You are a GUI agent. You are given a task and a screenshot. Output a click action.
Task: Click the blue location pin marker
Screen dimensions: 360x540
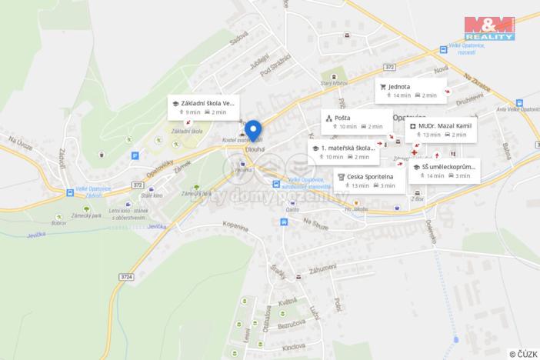pyautogui.click(x=253, y=130)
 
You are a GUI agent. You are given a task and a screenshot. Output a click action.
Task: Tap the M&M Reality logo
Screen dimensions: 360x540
pyautogui.click(x=489, y=28)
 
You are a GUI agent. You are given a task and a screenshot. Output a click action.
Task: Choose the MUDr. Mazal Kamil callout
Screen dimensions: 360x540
pyautogui.click(x=442, y=129)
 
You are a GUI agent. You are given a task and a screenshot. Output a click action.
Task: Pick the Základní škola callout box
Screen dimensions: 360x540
pyautogui.click(x=203, y=107)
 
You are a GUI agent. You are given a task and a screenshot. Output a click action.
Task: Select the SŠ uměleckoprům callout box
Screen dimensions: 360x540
pyautogui.click(x=445, y=171)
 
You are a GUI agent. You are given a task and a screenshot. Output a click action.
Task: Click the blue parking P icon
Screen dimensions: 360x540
pyautogui.click(x=135, y=155)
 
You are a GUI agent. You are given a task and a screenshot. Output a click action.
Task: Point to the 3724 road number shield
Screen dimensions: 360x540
pyautogui.click(x=125, y=276)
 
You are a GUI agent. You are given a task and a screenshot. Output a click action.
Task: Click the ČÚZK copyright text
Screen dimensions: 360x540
pyautogui.click(x=523, y=353)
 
